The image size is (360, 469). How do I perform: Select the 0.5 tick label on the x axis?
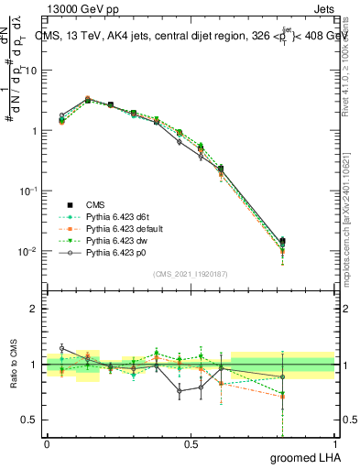(x=191, y=443)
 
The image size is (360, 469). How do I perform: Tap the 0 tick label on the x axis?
(x=47, y=443)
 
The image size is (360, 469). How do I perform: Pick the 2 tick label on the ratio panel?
(x=34, y=309)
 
